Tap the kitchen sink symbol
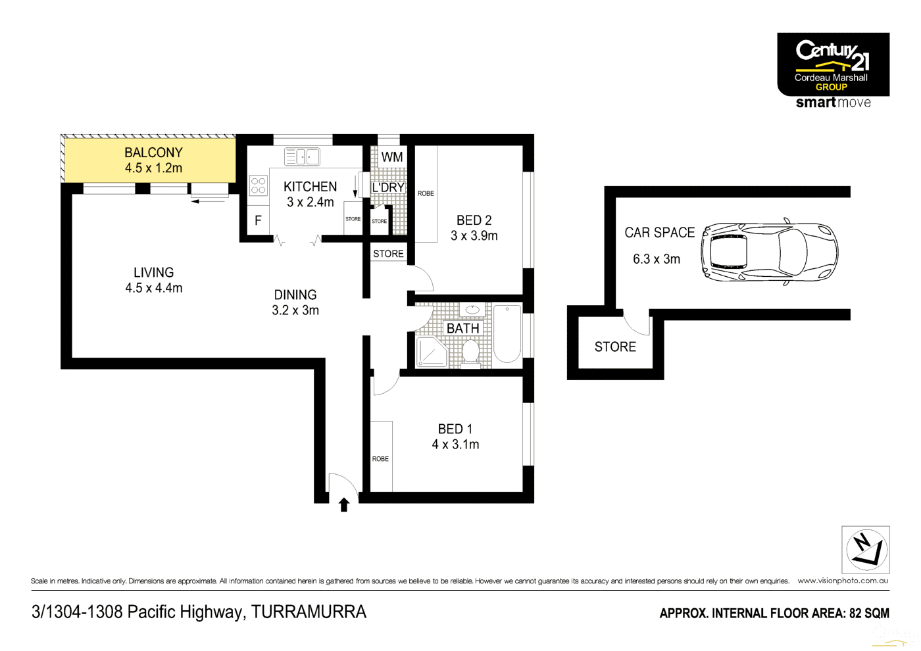302,157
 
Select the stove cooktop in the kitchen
258,185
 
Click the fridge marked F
258,221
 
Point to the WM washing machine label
392,157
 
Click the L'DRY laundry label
388,187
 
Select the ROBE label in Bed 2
426,193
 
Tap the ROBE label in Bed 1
380,459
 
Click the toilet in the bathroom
470,351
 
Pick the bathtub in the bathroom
507,333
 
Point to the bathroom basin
472,309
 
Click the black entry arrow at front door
343,504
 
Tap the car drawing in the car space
769,252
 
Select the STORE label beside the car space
615,347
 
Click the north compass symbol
866,550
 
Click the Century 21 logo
833,64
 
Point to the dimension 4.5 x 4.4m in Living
154,288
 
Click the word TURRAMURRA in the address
309,612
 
